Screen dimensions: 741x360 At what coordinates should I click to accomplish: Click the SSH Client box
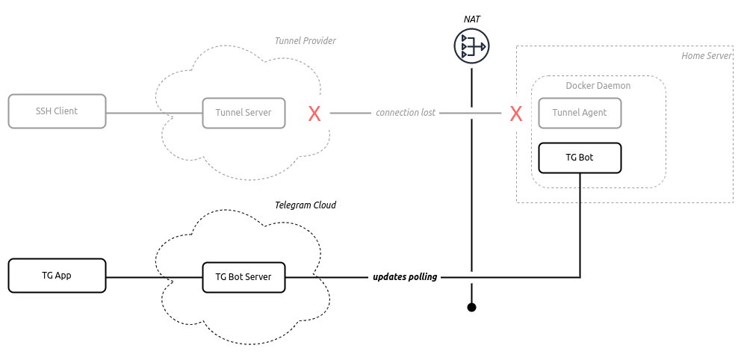click(x=57, y=111)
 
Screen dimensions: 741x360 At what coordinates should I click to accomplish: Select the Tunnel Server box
click(x=244, y=113)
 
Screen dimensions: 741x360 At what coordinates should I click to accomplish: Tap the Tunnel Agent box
click(x=580, y=113)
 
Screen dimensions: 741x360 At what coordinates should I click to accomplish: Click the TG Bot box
click(x=580, y=158)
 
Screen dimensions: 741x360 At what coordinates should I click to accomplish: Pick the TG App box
click(x=57, y=276)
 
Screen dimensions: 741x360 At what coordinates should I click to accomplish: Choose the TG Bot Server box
click(x=244, y=277)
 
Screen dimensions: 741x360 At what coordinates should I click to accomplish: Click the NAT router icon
click(x=471, y=46)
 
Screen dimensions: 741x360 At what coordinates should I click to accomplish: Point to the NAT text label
click(x=471, y=19)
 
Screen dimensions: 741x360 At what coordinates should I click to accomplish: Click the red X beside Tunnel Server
click(x=314, y=114)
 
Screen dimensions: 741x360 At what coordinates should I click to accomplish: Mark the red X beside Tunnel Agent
click(x=516, y=114)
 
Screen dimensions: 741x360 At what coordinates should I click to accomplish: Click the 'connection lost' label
click(x=406, y=113)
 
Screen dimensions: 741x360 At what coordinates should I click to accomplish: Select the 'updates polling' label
click(x=405, y=277)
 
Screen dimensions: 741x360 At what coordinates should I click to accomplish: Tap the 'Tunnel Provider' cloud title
click(x=306, y=40)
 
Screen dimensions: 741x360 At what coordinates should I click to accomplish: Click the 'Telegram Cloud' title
click(x=306, y=205)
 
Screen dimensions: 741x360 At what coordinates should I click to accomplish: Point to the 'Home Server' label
click(x=706, y=56)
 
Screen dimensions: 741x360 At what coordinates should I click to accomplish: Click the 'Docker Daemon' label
click(x=598, y=86)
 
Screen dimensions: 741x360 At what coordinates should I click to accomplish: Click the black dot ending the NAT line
click(x=471, y=308)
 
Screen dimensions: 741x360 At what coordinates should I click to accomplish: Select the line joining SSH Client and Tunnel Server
click(x=154, y=113)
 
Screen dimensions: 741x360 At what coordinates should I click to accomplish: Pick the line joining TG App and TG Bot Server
click(x=154, y=277)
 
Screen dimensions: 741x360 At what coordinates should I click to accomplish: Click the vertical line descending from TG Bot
click(x=580, y=225)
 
